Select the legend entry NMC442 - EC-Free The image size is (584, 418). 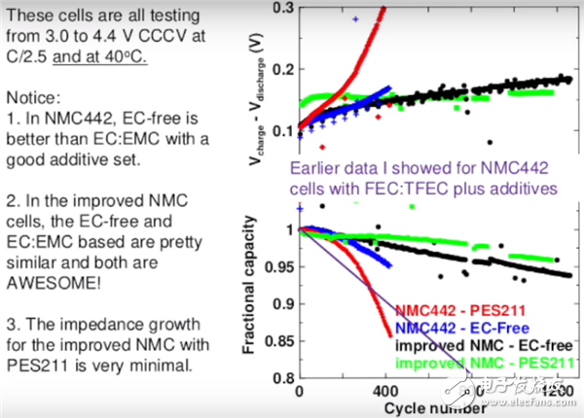pos(456,329)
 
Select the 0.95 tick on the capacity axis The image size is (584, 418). pos(275,265)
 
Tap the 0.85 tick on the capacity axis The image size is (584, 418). pos(275,341)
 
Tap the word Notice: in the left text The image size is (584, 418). pos(32,99)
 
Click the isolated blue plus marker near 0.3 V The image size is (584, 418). pos(355,18)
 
